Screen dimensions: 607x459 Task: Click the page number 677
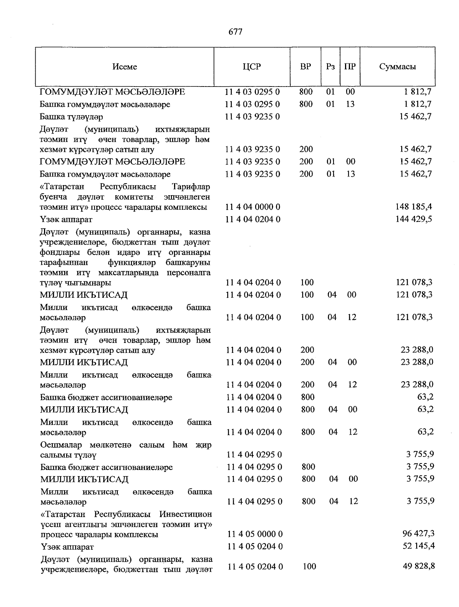235,32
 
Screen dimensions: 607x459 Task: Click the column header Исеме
125,67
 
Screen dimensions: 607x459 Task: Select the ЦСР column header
252,67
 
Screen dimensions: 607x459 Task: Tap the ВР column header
306,67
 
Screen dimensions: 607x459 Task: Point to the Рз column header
330,67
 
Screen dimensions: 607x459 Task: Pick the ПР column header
350,67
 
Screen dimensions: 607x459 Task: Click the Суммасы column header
397,67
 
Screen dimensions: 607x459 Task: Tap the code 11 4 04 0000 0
253,207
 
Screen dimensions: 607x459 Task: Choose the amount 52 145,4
418,546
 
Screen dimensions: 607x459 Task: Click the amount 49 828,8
418,566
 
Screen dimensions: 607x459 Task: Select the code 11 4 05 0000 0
255,534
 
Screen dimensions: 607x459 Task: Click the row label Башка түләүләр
72,117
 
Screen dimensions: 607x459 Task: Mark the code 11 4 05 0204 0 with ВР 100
255,566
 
